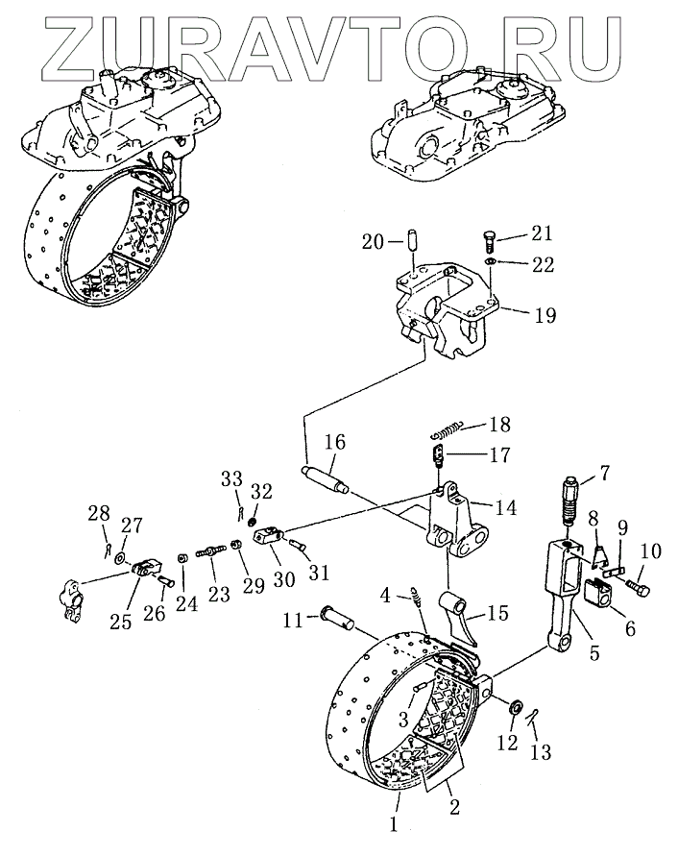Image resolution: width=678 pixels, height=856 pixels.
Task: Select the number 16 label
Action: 333,443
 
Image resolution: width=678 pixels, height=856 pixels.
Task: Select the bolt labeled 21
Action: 487,236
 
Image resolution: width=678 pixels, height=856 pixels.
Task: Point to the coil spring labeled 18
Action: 448,428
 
